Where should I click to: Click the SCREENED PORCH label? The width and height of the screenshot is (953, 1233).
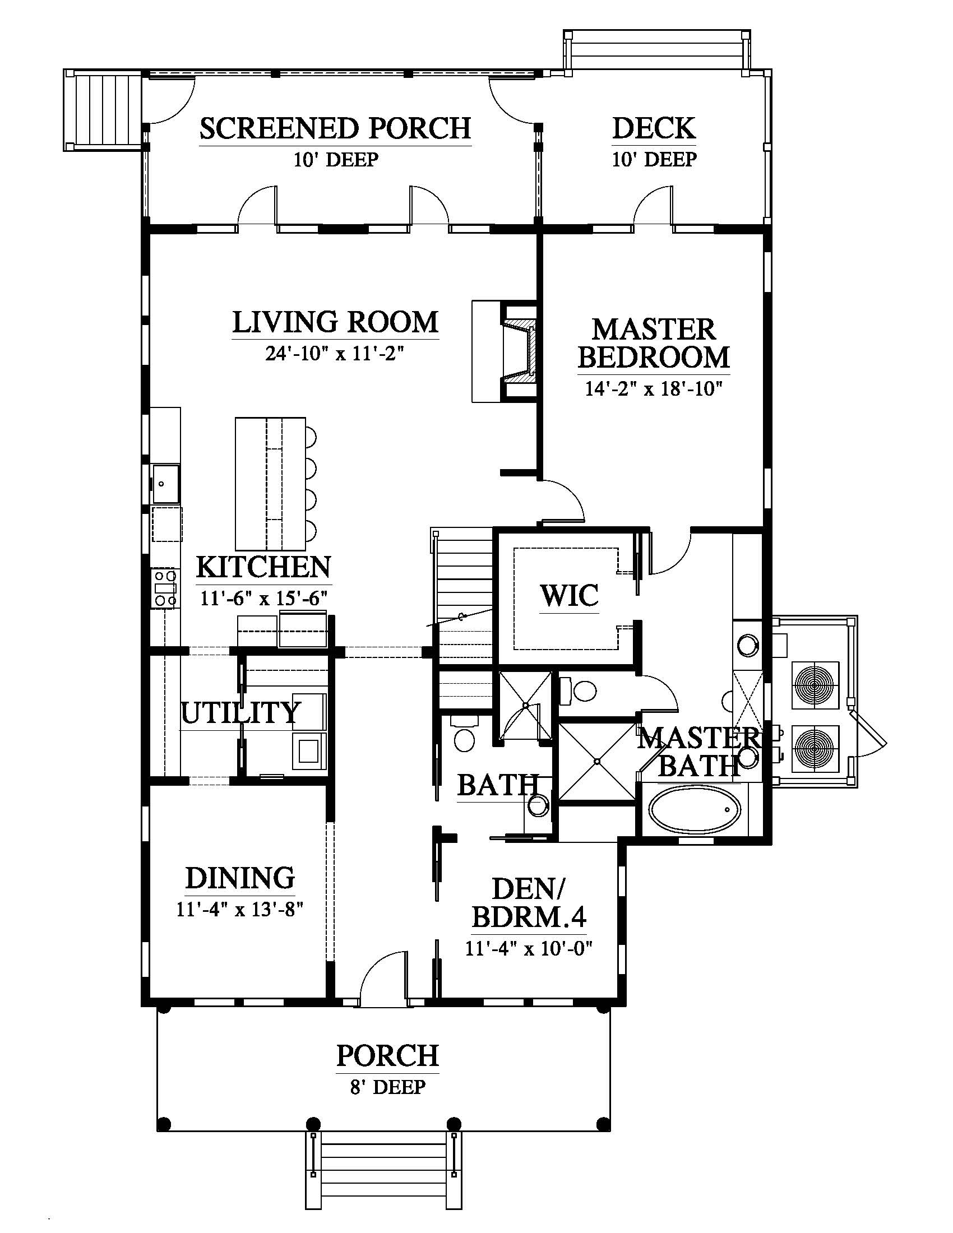tap(335, 128)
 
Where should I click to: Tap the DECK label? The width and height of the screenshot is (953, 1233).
tap(654, 128)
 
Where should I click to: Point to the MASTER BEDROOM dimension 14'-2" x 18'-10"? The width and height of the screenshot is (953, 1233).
tap(654, 389)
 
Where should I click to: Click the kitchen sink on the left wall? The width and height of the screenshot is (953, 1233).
tap(165, 483)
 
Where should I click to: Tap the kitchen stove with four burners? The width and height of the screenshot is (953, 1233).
tap(165, 588)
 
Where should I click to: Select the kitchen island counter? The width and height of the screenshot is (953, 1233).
tap(270, 483)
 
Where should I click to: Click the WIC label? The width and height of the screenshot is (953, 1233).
tap(569, 596)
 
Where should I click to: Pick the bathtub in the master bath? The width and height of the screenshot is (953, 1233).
tap(695, 811)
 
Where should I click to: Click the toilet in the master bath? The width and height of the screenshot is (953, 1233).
tap(577, 689)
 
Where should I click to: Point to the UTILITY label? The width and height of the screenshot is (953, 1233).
tap(240, 712)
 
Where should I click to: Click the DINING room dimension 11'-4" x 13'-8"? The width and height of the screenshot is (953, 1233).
tap(240, 910)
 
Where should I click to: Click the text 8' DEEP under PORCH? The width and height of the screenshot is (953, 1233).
tap(387, 1086)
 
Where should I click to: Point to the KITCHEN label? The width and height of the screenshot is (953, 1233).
tap(263, 567)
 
